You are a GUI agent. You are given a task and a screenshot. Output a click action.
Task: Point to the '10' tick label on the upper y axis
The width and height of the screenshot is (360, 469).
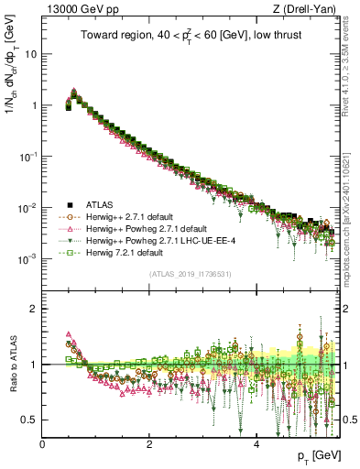click(x=31, y=53)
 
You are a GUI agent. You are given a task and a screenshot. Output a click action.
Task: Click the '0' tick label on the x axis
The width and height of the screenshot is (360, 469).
click(x=42, y=443)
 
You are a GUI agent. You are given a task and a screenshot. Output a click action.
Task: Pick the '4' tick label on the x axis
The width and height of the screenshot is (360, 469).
click(x=256, y=443)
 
